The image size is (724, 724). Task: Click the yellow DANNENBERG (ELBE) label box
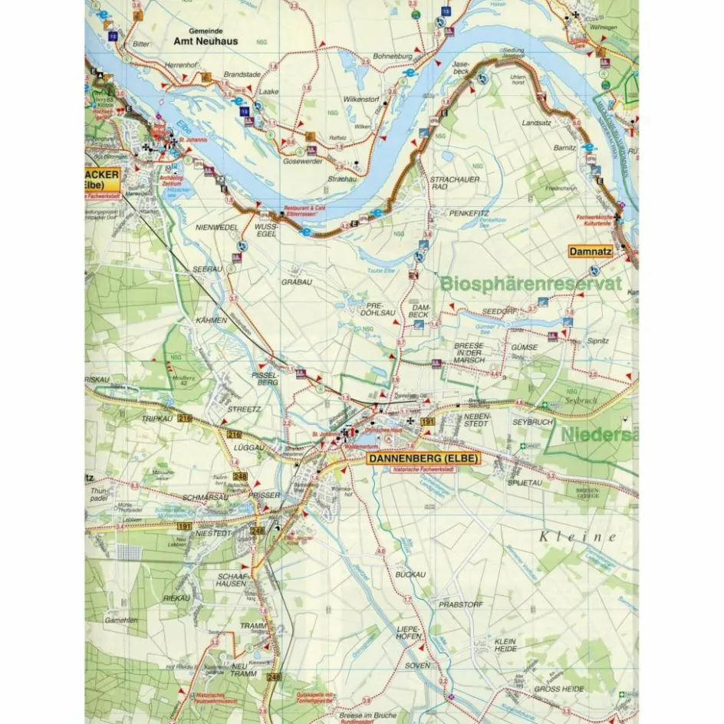[x=423, y=459]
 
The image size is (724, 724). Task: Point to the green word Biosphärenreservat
[x=530, y=284]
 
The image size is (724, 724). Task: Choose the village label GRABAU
[x=296, y=281]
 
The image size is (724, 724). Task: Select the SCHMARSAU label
[x=205, y=497]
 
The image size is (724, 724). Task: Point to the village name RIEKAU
[x=176, y=597]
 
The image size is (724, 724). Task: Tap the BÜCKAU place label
[x=410, y=574]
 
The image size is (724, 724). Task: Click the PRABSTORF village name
[x=461, y=604]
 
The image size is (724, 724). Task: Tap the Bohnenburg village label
[x=393, y=57]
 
